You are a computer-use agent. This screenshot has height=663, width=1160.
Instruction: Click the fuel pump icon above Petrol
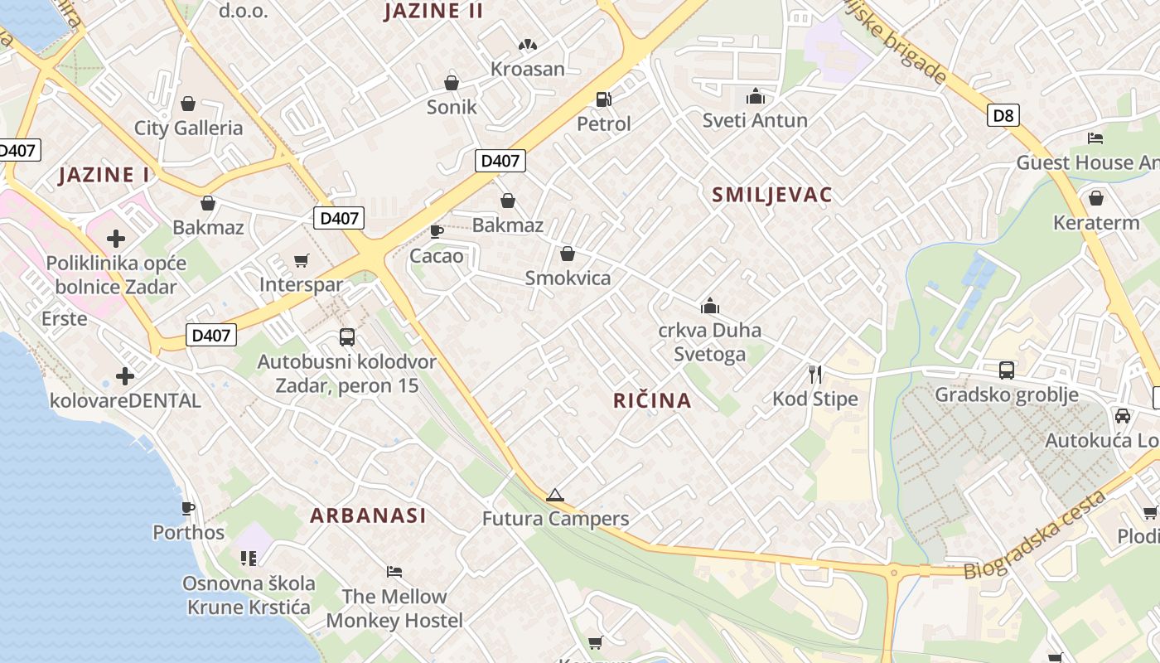pyautogui.click(x=603, y=99)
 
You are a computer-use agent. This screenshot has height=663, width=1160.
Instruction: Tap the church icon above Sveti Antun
pyautogui.click(x=755, y=96)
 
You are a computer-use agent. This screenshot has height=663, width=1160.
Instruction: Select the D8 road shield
pyautogui.click(x=1003, y=114)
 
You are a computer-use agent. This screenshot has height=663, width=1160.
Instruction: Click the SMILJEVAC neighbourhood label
pyautogui.click(x=772, y=195)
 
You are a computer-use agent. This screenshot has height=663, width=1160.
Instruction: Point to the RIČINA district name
pyautogui.click(x=652, y=401)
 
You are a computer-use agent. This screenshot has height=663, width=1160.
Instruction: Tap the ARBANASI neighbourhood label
pyautogui.click(x=368, y=515)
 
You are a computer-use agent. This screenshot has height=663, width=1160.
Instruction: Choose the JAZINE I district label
pyautogui.click(x=104, y=175)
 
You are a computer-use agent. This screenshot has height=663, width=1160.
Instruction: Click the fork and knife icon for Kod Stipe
pyautogui.click(x=815, y=375)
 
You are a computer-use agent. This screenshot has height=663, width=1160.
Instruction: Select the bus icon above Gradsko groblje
pyautogui.click(x=1007, y=370)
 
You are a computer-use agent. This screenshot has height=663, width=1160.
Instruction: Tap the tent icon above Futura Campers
pyautogui.click(x=555, y=496)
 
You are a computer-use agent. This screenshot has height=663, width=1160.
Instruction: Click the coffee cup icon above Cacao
pyautogui.click(x=436, y=231)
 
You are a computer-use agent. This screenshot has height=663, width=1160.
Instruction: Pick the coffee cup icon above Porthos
pyautogui.click(x=188, y=508)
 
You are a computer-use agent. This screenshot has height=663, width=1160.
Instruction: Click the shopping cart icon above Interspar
pyautogui.click(x=302, y=261)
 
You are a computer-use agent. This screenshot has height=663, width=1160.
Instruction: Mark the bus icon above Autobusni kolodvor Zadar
pyautogui.click(x=347, y=337)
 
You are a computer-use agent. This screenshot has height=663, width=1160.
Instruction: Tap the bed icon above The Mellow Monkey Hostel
pyautogui.click(x=394, y=572)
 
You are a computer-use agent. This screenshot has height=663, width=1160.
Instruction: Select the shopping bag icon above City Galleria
pyautogui.click(x=188, y=104)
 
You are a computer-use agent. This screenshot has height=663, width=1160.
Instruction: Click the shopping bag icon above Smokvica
pyautogui.click(x=568, y=254)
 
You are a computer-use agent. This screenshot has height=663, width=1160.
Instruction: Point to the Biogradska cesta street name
pyautogui.click(x=1035, y=535)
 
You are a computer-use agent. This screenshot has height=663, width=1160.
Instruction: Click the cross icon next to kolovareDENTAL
pyautogui.click(x=125, y=376)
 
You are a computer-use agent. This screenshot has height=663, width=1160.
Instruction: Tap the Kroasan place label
pyautogui.click(x=528, y=69)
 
